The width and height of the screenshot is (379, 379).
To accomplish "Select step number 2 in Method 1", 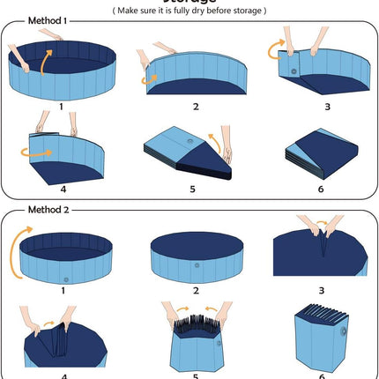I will [196, 107].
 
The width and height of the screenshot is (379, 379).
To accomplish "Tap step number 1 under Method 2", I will [63, 289].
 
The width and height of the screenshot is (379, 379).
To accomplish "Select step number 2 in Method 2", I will [196, 289].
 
